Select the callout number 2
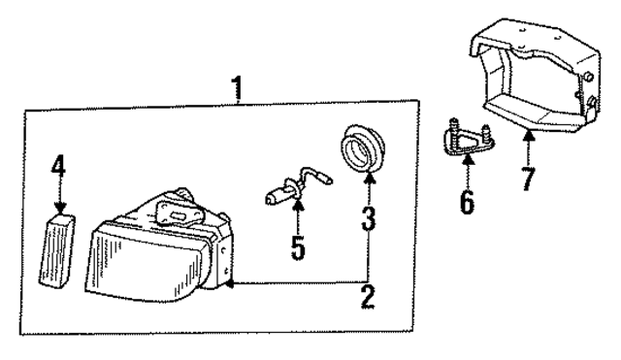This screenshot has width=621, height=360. (368, 296)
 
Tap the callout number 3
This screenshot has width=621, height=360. (369, 219)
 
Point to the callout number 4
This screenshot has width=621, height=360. (59, 167)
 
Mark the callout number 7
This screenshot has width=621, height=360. (528, 179)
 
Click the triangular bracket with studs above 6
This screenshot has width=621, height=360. (466, 140)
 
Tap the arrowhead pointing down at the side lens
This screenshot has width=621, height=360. (59, 207)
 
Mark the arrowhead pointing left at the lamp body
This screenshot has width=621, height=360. (229, 285)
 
